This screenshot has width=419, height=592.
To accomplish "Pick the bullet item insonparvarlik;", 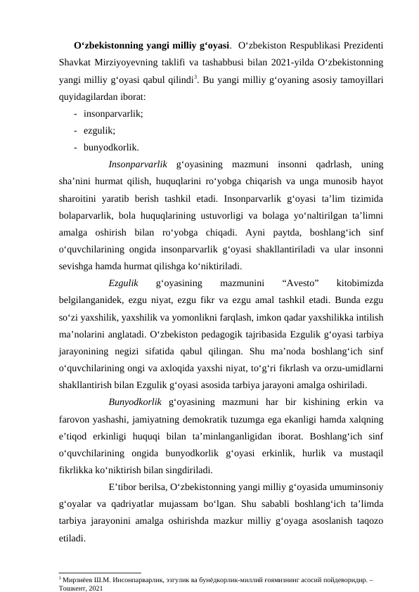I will coord(112,113).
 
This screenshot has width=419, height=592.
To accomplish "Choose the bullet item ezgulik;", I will coord(99,131).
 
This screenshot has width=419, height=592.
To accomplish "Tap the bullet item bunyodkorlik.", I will coord(110,148).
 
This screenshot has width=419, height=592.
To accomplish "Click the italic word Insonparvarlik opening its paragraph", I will coord(138,165).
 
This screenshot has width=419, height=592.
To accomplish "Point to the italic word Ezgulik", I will coord(124,283).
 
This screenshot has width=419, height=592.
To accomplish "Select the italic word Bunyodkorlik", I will coord(136,402).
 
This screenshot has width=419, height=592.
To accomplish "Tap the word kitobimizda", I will coord(360,283).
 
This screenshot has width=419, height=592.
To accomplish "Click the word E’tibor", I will coord(124,487).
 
